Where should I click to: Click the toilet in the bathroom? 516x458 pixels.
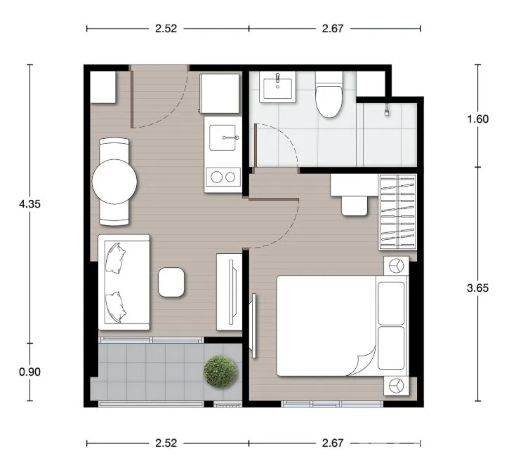329,95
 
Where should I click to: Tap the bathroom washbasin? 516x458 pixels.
277,87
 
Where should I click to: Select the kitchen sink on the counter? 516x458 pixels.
223,137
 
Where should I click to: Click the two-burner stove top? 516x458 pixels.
223,177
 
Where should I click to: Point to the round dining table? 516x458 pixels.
114,182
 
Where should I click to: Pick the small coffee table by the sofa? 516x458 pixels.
171,282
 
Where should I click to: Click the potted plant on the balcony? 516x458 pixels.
220,371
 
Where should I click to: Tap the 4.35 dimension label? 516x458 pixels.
30,204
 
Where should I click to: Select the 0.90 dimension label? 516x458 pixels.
30,372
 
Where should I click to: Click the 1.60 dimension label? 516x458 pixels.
478,119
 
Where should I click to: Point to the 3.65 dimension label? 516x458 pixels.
478,288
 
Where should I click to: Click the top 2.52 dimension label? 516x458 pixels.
166,29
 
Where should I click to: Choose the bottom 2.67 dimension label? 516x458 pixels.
333,443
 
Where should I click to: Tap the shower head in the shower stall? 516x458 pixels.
388,110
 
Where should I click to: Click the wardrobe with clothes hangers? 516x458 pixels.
397,212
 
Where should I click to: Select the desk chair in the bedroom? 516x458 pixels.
355,206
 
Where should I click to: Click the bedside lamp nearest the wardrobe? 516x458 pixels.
396,266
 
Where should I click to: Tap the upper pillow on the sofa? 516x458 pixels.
115,258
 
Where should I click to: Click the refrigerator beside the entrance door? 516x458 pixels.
220,94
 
